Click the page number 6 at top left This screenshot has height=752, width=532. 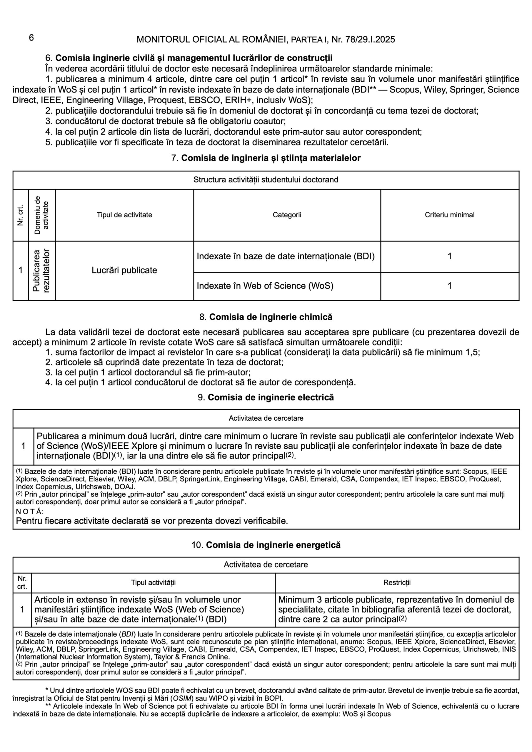(x=31, y=38)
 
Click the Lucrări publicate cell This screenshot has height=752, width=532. (x=124, y=270)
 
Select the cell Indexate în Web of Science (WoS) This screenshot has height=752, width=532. (x=265, y=286)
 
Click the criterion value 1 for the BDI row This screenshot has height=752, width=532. (x=449, y=256)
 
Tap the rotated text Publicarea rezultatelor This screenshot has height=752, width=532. (x=42, y=271)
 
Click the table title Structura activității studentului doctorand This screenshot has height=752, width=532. (x=266, y=180)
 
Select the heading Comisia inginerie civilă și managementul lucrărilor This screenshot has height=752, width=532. (x=194, y=58)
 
